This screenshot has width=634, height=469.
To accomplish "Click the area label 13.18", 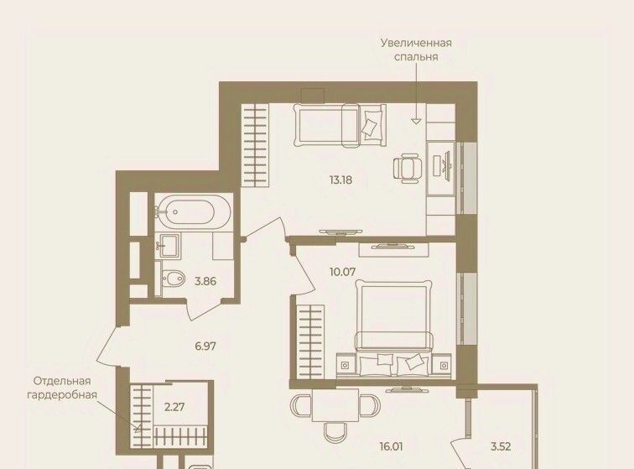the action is [340, 180].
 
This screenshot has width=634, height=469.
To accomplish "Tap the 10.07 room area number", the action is [342, 272].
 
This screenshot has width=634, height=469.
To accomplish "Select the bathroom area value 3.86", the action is [205, 281].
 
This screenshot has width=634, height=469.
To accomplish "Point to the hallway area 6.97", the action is [205, 346].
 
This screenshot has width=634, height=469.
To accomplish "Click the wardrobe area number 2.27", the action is [174, 407].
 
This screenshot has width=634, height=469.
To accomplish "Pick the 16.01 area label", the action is [391, 446].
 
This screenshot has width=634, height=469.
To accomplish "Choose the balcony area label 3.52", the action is [501, 446].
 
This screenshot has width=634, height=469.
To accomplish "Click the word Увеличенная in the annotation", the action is [416, 43].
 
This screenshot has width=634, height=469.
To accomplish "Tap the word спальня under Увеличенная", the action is [416, 57].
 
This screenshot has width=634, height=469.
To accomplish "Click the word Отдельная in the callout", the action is [62, 381].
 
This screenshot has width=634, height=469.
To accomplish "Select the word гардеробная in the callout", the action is [62, 395].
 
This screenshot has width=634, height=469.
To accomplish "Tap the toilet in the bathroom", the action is [173, 279].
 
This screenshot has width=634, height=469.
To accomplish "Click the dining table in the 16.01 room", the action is [335, 404].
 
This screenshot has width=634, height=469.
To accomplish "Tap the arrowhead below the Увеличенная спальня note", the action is [416, 121].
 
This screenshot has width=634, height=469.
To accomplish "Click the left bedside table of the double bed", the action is [345, 366].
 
